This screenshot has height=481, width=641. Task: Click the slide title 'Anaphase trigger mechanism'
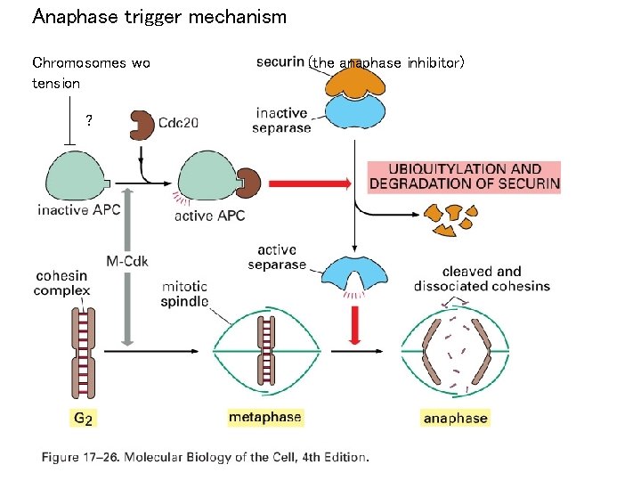pos(159,16)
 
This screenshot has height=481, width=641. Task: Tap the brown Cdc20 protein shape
pos(142,126)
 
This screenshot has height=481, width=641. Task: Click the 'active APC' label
pos(210,216)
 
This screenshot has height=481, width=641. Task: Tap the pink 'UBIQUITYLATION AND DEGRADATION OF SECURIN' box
pos(464,177)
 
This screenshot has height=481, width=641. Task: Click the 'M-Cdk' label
pos(127,261)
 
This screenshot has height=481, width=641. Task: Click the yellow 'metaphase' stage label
pos(265,417)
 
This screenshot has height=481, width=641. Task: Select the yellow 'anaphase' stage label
pos(455,419)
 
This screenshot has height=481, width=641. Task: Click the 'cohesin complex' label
pos(62,283)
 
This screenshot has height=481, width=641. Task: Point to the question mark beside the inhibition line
pos(89,120)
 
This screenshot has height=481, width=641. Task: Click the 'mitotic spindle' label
pos(185,294)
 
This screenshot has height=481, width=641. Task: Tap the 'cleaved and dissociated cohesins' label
pos(482,279)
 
